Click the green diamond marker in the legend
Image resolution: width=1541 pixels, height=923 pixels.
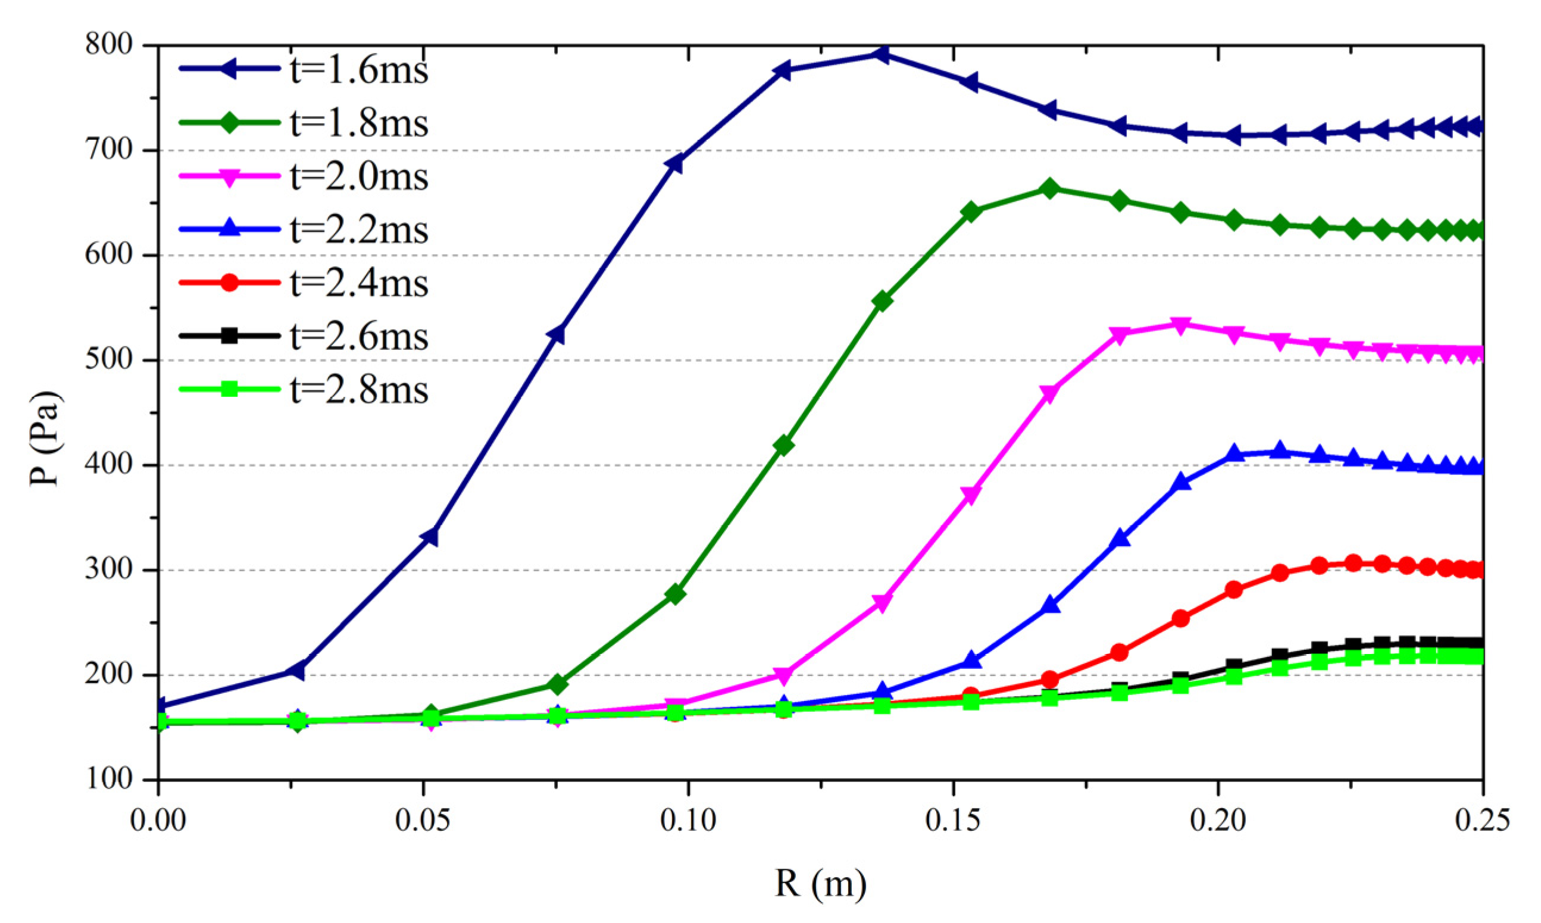coord(229,123)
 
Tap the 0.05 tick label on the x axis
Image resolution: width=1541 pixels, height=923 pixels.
coord(423,821)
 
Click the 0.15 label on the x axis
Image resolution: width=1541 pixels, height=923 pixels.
coord(953,821)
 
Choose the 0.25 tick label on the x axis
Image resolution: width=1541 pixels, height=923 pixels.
coord(1482,821)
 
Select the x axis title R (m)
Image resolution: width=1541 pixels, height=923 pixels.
coord(820,883)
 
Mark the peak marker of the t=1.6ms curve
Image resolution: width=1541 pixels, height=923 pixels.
coord(880,55)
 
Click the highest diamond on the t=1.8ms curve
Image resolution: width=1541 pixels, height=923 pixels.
coord(1049,189)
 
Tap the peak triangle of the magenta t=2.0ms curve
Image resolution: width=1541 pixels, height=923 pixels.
coord(1180,324)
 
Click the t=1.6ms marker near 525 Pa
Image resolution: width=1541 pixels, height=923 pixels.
coord(557,334)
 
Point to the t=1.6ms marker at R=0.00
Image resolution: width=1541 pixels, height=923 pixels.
coord(160,705)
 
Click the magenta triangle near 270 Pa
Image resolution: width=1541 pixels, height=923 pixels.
coord(882,603)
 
